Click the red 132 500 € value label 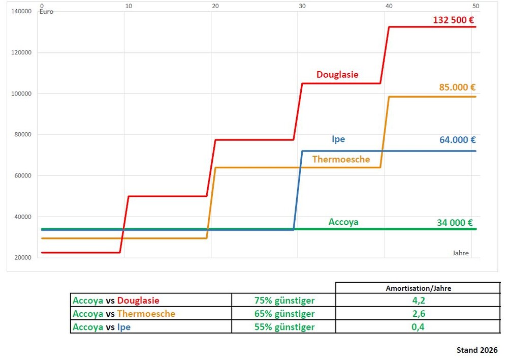tap(454, 20)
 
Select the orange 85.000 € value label tap(457, 87)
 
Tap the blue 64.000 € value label tap(458, 140)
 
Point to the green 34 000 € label tap(455, 223)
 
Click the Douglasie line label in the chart tap(337, 75)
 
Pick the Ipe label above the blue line tap(338, 139)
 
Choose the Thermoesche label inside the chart tap(341, 159)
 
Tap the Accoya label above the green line tap(343, 222)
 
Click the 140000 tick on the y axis tap(21, 11)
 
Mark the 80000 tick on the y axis tap(23, 135)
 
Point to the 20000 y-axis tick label tap(23, 258)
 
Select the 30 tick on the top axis tap(302, 6)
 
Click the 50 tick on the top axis tap(475, 6)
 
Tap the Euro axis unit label tap(46, 12)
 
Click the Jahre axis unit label tap(460, 253)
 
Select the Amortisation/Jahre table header tap(418, 288)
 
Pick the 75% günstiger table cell tap(284, 301)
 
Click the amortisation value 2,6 tap(418, 314)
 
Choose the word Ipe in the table tap(124, 327)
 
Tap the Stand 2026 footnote tap(477, 350)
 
